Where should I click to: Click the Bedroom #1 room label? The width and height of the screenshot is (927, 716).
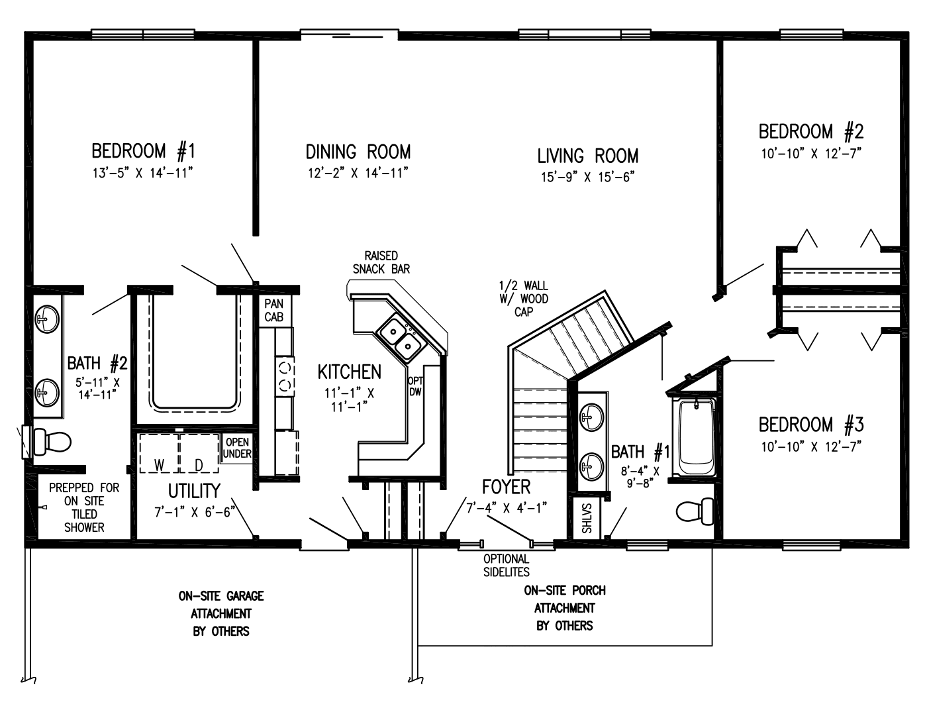coord(143,152)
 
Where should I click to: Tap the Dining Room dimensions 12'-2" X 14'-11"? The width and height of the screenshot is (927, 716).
coord(358,174)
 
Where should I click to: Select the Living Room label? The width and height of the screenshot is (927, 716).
coord(587,156)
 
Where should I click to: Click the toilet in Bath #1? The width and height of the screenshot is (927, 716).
coord(695,511)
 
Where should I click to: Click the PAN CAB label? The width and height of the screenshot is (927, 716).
coord(274,310)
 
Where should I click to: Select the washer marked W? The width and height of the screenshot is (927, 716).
coord(159,453)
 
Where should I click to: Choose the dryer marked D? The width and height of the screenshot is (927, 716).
coord(199,453)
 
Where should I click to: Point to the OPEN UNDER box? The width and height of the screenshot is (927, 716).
coord(237,448)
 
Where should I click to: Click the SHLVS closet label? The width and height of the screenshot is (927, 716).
coord(587,519)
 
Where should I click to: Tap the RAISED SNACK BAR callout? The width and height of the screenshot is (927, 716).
coord(381,262)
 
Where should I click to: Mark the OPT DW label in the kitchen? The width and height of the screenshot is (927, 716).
coord(415,386)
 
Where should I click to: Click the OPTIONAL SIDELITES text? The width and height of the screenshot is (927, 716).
coord(507,566)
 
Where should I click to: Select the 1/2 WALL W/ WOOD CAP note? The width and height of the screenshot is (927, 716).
coord(524,299)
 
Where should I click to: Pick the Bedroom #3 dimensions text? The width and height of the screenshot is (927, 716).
coord(811,446)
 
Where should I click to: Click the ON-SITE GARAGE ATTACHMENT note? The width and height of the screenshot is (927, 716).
coord(221,613)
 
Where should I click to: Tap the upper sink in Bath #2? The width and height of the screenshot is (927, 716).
coord(48,319)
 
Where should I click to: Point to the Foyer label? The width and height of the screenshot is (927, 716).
coord(507,487)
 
